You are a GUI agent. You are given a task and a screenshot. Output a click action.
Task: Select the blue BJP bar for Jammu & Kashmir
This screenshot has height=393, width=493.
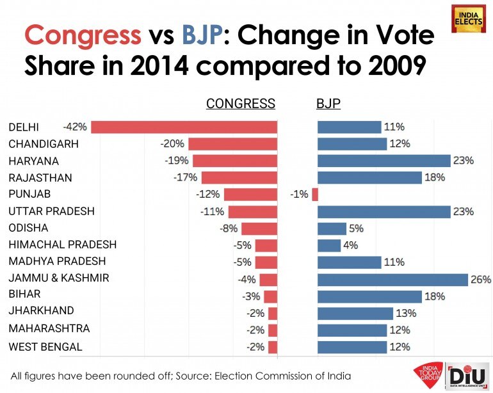point(392,280)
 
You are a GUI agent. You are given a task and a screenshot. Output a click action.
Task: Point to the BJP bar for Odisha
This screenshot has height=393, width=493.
point(332,229)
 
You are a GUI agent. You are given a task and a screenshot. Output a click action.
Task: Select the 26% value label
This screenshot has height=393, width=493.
point(481,280)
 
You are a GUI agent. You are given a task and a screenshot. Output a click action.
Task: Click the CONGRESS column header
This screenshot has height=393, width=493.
point(240,104)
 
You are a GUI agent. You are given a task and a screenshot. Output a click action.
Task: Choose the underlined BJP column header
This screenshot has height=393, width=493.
point(328,104)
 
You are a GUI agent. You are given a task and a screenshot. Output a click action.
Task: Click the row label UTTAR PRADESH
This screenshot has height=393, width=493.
point(51,211)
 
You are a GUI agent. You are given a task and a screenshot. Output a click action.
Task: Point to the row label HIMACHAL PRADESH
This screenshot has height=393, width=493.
point(62,245)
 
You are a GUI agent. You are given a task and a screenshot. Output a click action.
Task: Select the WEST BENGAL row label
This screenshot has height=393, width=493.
point(45,347)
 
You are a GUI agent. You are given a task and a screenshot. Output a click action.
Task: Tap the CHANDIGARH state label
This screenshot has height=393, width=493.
point(44,144)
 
